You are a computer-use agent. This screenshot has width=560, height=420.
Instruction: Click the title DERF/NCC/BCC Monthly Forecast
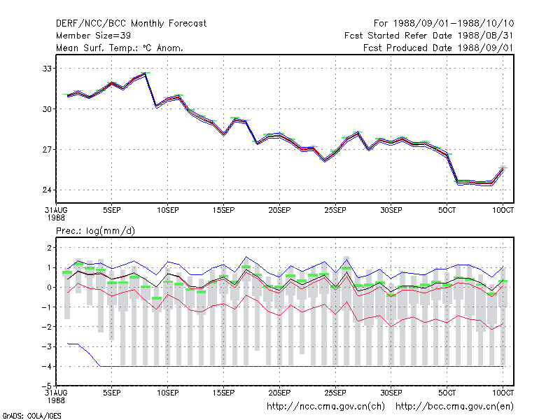point(131,24)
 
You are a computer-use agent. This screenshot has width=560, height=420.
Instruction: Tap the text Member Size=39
point(93,36)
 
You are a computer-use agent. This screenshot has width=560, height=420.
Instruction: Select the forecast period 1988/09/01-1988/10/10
point(454,24)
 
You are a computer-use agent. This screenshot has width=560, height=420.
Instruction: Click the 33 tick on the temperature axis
point(47,69)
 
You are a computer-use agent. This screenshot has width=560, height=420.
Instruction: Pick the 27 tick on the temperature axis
point(47,149)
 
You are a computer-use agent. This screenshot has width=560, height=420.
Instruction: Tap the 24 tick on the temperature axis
point(47,190)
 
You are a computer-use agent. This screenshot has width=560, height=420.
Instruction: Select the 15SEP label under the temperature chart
point(223,210)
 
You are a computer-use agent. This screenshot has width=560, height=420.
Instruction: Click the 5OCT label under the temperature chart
point(447,210)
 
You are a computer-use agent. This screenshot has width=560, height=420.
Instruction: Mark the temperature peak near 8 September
point(146,73)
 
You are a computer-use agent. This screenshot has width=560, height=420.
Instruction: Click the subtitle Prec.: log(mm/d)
point(95,231)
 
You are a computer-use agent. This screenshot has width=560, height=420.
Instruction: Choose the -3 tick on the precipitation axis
point(46,346)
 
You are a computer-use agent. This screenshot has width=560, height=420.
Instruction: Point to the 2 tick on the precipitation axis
point(49,248)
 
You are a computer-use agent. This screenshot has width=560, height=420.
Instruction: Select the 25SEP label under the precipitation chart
point(335,393)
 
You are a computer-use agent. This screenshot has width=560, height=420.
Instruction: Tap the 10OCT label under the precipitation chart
point(503,393)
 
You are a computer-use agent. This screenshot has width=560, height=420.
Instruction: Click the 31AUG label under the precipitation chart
point(56,393)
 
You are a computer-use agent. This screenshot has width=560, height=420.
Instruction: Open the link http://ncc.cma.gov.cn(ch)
point(325,407)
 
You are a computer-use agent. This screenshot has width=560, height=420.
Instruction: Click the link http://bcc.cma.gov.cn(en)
point(454,407)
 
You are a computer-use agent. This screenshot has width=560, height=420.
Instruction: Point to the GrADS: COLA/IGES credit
point(31,416)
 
